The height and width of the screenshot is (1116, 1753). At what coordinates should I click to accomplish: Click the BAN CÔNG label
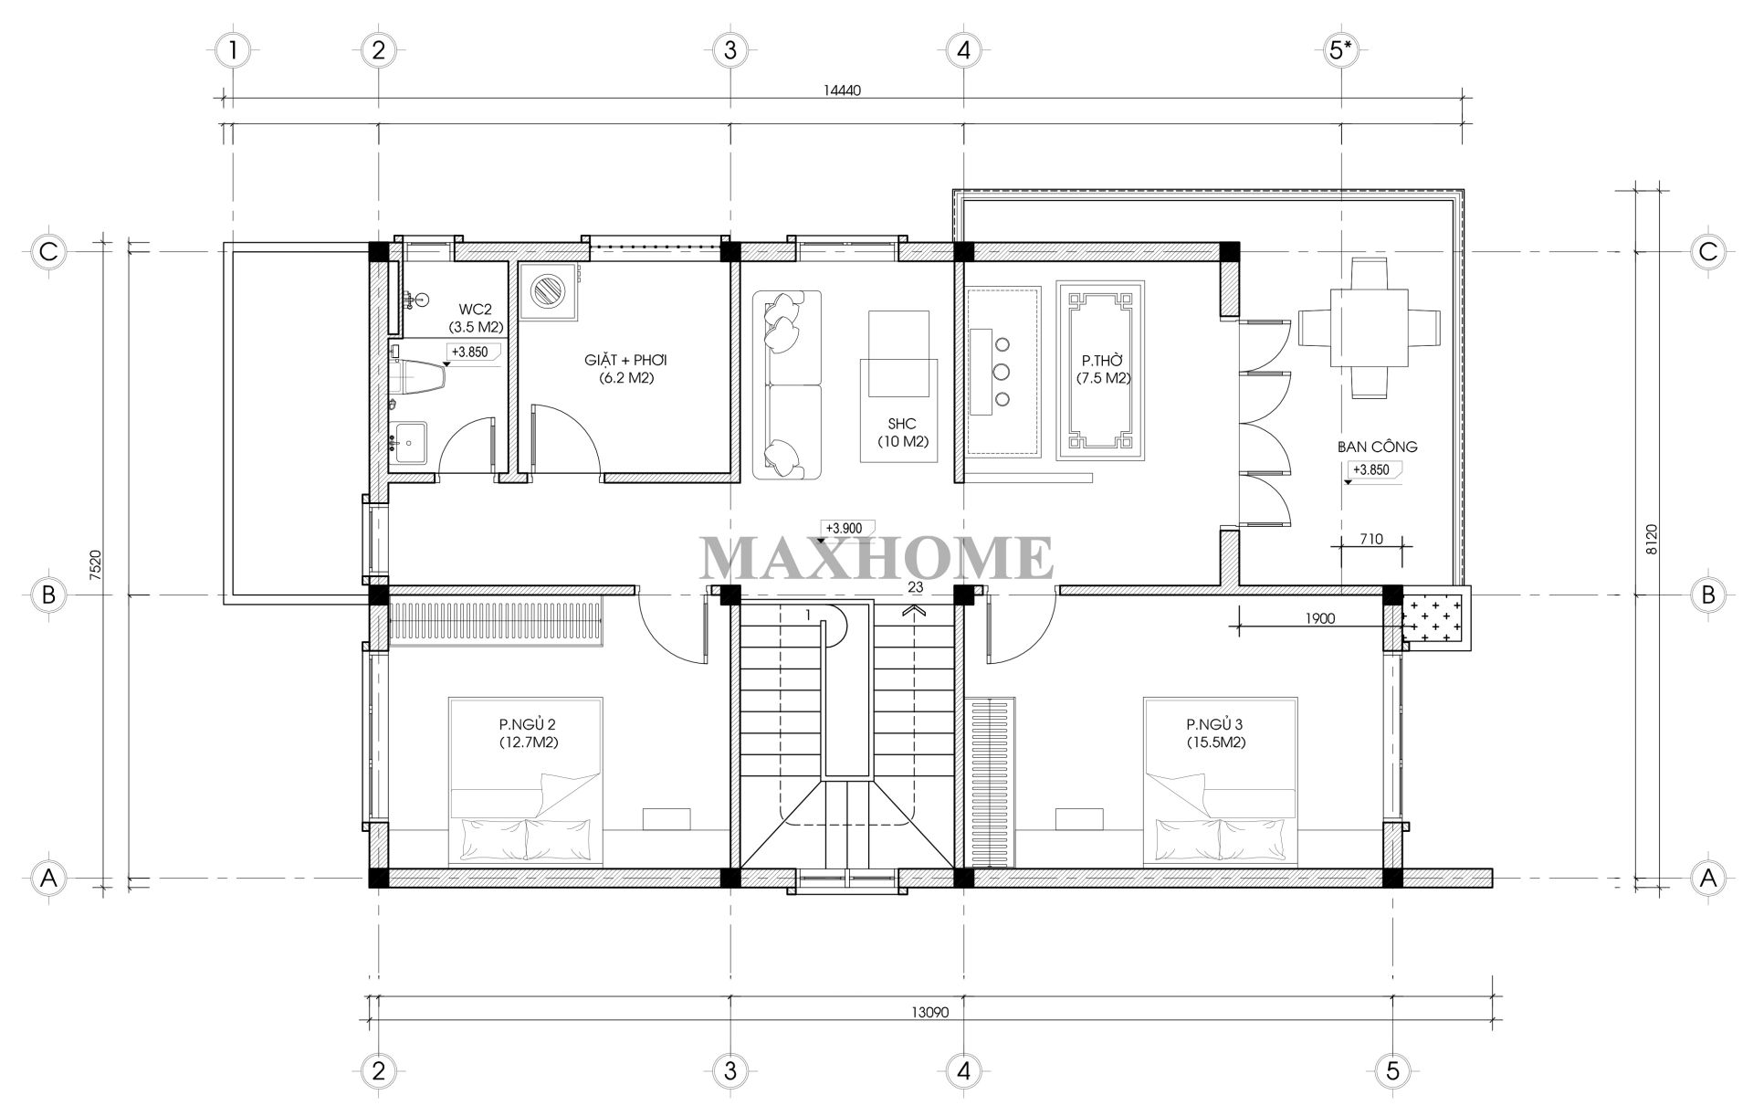tap(1377, 447)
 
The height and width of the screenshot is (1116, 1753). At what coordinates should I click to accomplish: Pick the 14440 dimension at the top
tap(841, 90)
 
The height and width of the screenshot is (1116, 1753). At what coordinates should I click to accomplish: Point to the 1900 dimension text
tap(1319, 618)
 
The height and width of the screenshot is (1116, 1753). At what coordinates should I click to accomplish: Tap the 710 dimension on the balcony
tap(1370, 540)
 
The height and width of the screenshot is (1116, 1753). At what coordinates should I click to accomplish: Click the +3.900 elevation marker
tap(848, 529)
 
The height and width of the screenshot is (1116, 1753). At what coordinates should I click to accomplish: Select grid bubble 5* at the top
tap(1340, 50)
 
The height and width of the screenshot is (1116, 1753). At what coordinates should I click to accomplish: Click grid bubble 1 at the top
tap(234, 50)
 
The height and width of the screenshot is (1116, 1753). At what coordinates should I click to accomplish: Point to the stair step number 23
tap(916, 587)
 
